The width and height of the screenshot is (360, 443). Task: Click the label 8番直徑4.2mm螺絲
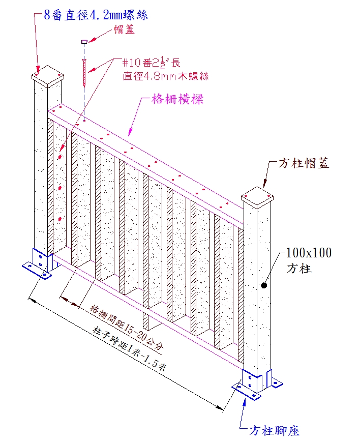click(96, 15)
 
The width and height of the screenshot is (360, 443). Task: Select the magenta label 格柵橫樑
click(178, 99)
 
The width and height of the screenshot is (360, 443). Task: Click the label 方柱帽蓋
click(304, 164)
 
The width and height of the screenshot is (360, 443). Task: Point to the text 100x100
click(309, 253)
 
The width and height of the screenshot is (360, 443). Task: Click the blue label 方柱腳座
click(275, 431)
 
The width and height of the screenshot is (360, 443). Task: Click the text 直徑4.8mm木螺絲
click(166, 76)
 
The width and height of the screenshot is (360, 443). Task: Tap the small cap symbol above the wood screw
click(84, 41)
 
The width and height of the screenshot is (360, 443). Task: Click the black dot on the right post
click(264, 286)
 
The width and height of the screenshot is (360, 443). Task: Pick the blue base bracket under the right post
click(252, 384)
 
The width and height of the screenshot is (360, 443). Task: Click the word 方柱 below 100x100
click(299, 269)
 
